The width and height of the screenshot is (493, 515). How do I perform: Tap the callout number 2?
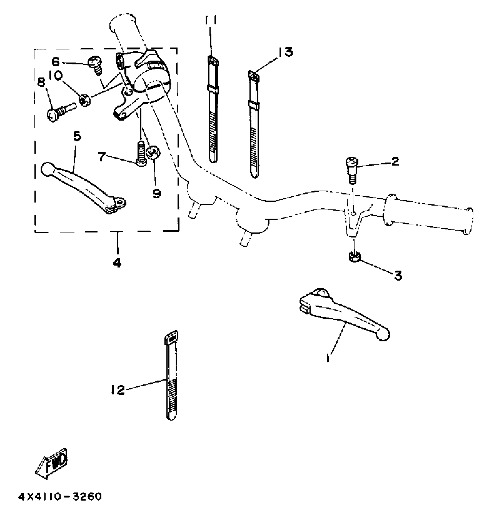pos(395,161)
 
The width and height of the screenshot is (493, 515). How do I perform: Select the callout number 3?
pos(398,276)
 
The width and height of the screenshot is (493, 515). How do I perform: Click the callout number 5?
pos(77,137)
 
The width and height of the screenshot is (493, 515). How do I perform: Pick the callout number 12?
pos(117,390)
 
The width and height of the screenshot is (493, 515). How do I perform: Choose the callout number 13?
pos(286,52)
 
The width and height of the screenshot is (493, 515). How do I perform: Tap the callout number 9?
pos(157,193)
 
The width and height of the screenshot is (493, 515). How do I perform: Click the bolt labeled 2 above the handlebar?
pos(351,170)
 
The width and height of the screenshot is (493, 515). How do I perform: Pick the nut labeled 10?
pos(85,101)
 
